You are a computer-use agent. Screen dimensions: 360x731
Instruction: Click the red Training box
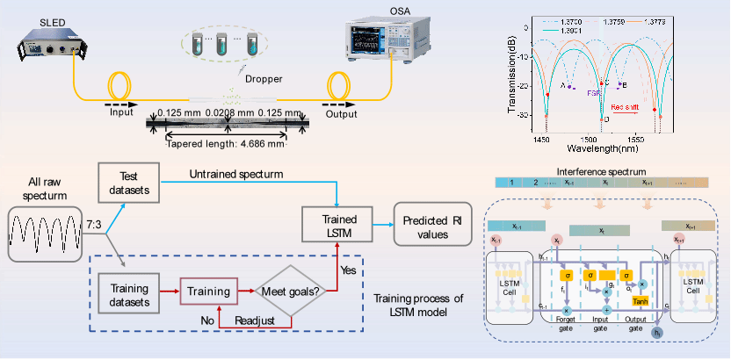coord(208,290)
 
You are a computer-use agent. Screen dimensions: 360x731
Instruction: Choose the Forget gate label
coord(566,326)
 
